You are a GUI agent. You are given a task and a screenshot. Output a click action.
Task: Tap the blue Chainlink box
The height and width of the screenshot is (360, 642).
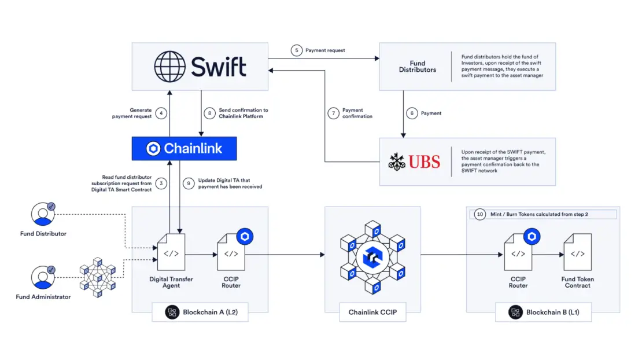coord(184,149)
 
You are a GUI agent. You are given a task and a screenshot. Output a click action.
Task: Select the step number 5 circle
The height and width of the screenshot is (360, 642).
coord(297,50)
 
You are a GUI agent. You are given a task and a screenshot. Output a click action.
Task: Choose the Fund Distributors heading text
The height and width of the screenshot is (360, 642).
coord(417,67)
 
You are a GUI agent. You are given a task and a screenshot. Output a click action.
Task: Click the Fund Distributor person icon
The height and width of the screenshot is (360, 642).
coord(42,214)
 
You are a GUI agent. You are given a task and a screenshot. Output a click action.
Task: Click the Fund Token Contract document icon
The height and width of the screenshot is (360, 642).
coord(577,252)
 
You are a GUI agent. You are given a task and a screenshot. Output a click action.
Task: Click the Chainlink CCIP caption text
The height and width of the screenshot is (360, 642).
coord(372,313)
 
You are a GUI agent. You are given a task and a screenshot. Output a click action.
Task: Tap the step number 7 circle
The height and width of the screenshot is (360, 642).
coord(333,113)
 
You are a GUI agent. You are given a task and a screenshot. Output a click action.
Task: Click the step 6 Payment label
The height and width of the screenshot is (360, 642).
coord(430,113)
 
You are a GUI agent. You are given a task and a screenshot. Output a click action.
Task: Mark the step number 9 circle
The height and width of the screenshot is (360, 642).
coord(189,183)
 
